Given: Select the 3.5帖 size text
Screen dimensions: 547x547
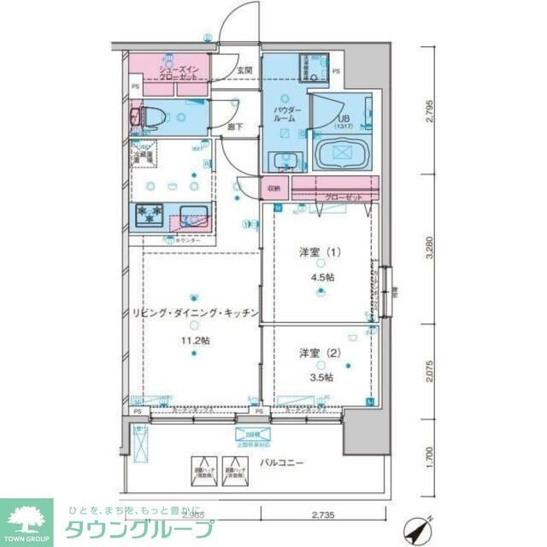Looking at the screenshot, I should point(321,377).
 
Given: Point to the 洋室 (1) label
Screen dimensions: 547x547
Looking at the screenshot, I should point(317,253).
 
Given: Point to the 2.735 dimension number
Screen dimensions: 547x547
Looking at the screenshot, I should point(322,515).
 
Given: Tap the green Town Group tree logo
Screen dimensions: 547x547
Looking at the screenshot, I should point(27,518).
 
